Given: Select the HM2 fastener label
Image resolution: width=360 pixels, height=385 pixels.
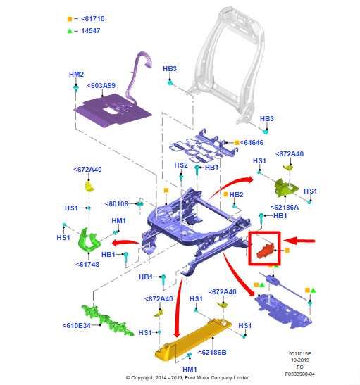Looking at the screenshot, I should [76, 75].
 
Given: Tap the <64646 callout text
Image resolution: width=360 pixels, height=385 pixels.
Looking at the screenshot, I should [252, 142].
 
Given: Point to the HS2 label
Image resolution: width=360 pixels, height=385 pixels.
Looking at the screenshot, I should [181, 165].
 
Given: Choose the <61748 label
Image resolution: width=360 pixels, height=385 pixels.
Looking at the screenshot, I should [88, 265].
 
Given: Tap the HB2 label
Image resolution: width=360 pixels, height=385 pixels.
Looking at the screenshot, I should [236, 194].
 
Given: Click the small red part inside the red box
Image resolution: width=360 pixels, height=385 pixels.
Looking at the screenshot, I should [265, 248].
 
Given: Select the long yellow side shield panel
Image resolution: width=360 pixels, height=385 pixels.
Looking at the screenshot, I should [194, 337].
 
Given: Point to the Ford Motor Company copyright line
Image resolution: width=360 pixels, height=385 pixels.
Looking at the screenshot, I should [187, 378].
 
